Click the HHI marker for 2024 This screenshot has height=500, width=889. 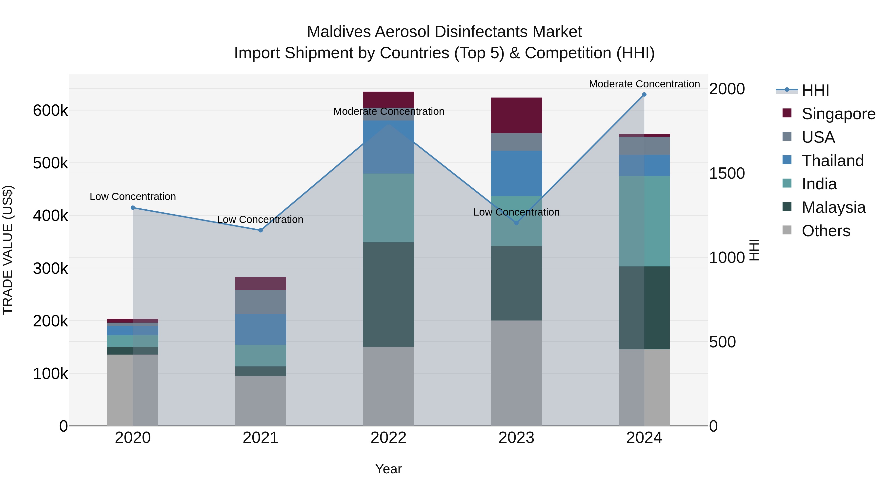click(x=644, y=95)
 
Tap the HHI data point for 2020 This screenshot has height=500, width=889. click(x=133, y=208)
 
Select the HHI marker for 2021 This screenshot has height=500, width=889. click(x=261, y=230)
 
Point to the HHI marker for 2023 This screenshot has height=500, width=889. click(x=516, y=223)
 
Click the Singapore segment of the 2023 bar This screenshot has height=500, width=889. click(x=516, y=115)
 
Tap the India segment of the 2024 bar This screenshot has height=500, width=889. click(x=644, y=221)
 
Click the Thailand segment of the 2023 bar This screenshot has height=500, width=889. click(x=516, y=173)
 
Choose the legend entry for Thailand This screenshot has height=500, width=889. click(x=832, y=161)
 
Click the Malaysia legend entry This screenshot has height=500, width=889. click(x=833, y=207)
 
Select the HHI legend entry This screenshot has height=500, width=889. click(x=815, y=90)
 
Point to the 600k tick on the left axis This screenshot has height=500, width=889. click(x=50, y=111)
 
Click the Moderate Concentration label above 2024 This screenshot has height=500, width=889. click(x=644, y=84)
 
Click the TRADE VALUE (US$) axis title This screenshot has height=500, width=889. click(x=8, y=250)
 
